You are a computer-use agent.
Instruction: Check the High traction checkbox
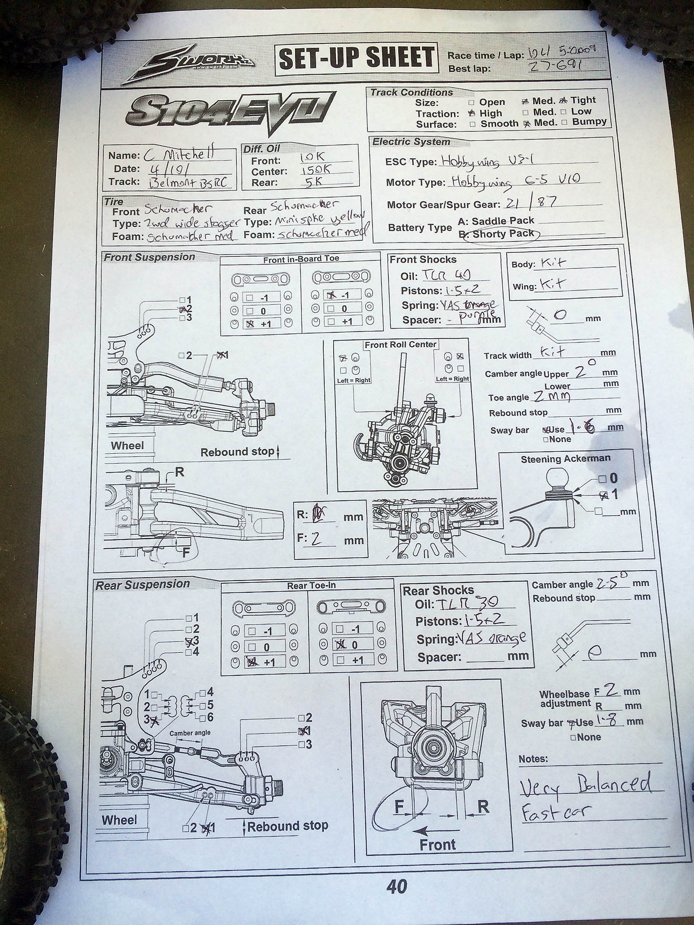point(471,113)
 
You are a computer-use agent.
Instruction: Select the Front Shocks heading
point(423,260)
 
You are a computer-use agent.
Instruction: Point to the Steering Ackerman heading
point(565,459)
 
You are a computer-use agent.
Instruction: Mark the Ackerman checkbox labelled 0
point(602,479)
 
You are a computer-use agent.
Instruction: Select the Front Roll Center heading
point(400,345)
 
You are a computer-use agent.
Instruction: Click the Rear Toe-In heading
point(311,586)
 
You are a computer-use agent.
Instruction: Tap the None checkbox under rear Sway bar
point(573,737)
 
